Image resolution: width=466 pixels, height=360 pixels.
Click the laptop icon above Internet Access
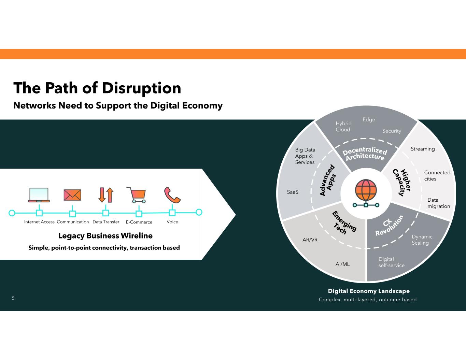39,195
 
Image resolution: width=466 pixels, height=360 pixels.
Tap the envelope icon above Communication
72,195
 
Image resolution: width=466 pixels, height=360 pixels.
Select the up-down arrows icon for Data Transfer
106,195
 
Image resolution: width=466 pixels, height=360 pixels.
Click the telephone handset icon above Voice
172,195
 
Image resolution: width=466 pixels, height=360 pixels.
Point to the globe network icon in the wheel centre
366,193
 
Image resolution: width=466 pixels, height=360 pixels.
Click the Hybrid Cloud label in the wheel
343,127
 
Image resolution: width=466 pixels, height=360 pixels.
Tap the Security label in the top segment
392,131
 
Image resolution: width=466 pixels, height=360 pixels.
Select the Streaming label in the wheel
423,149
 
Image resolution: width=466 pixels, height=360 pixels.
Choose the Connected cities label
437,176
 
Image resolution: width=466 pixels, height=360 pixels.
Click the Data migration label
439,203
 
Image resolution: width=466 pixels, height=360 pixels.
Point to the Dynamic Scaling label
422,240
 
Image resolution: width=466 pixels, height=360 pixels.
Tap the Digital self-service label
391,262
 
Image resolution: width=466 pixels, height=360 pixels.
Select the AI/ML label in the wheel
342,264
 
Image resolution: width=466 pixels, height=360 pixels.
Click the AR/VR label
310,240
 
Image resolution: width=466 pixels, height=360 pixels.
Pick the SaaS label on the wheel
293,192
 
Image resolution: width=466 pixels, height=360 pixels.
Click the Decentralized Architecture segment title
365,154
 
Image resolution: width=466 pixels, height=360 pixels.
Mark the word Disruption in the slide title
142,88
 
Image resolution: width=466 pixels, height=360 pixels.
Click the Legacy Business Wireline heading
105,236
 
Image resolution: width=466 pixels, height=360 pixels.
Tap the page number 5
13,299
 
